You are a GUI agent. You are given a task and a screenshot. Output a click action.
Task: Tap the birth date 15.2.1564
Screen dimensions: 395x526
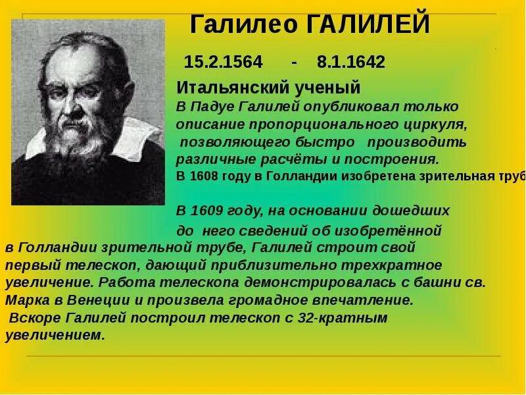(x=223, y=63)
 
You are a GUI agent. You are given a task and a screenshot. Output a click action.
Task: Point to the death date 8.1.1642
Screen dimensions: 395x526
(x=350, y=63)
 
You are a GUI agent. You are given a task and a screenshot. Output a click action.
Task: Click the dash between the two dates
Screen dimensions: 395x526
(x=295, y=63)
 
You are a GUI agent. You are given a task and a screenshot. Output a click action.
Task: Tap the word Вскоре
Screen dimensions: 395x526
(x=34, y=318)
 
